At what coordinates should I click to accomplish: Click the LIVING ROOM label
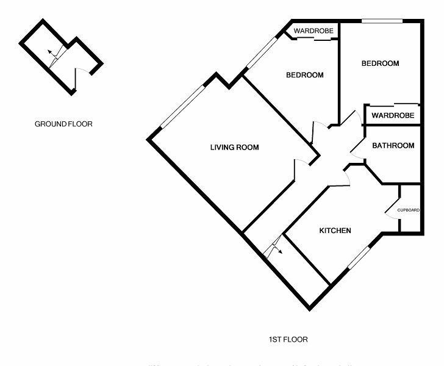click(x=234, y=148)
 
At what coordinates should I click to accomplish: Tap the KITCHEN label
click(x=335, y=231)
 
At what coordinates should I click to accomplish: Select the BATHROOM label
click(x=393, y=146)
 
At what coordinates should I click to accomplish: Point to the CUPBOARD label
click(x=409, y=210)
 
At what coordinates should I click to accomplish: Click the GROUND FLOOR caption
click(x=63, y=124)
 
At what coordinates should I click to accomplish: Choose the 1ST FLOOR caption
click(x=288, y=339)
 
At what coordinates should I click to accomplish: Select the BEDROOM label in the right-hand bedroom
click(x=380, y=63)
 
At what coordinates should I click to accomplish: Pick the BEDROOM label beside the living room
click(x=305, y=76)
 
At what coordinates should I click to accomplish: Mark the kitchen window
click(x=359, y=257)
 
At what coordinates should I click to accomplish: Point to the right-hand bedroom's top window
click(x=382, y=22)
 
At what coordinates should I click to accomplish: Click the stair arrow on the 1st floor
click(x=274, y=247)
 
